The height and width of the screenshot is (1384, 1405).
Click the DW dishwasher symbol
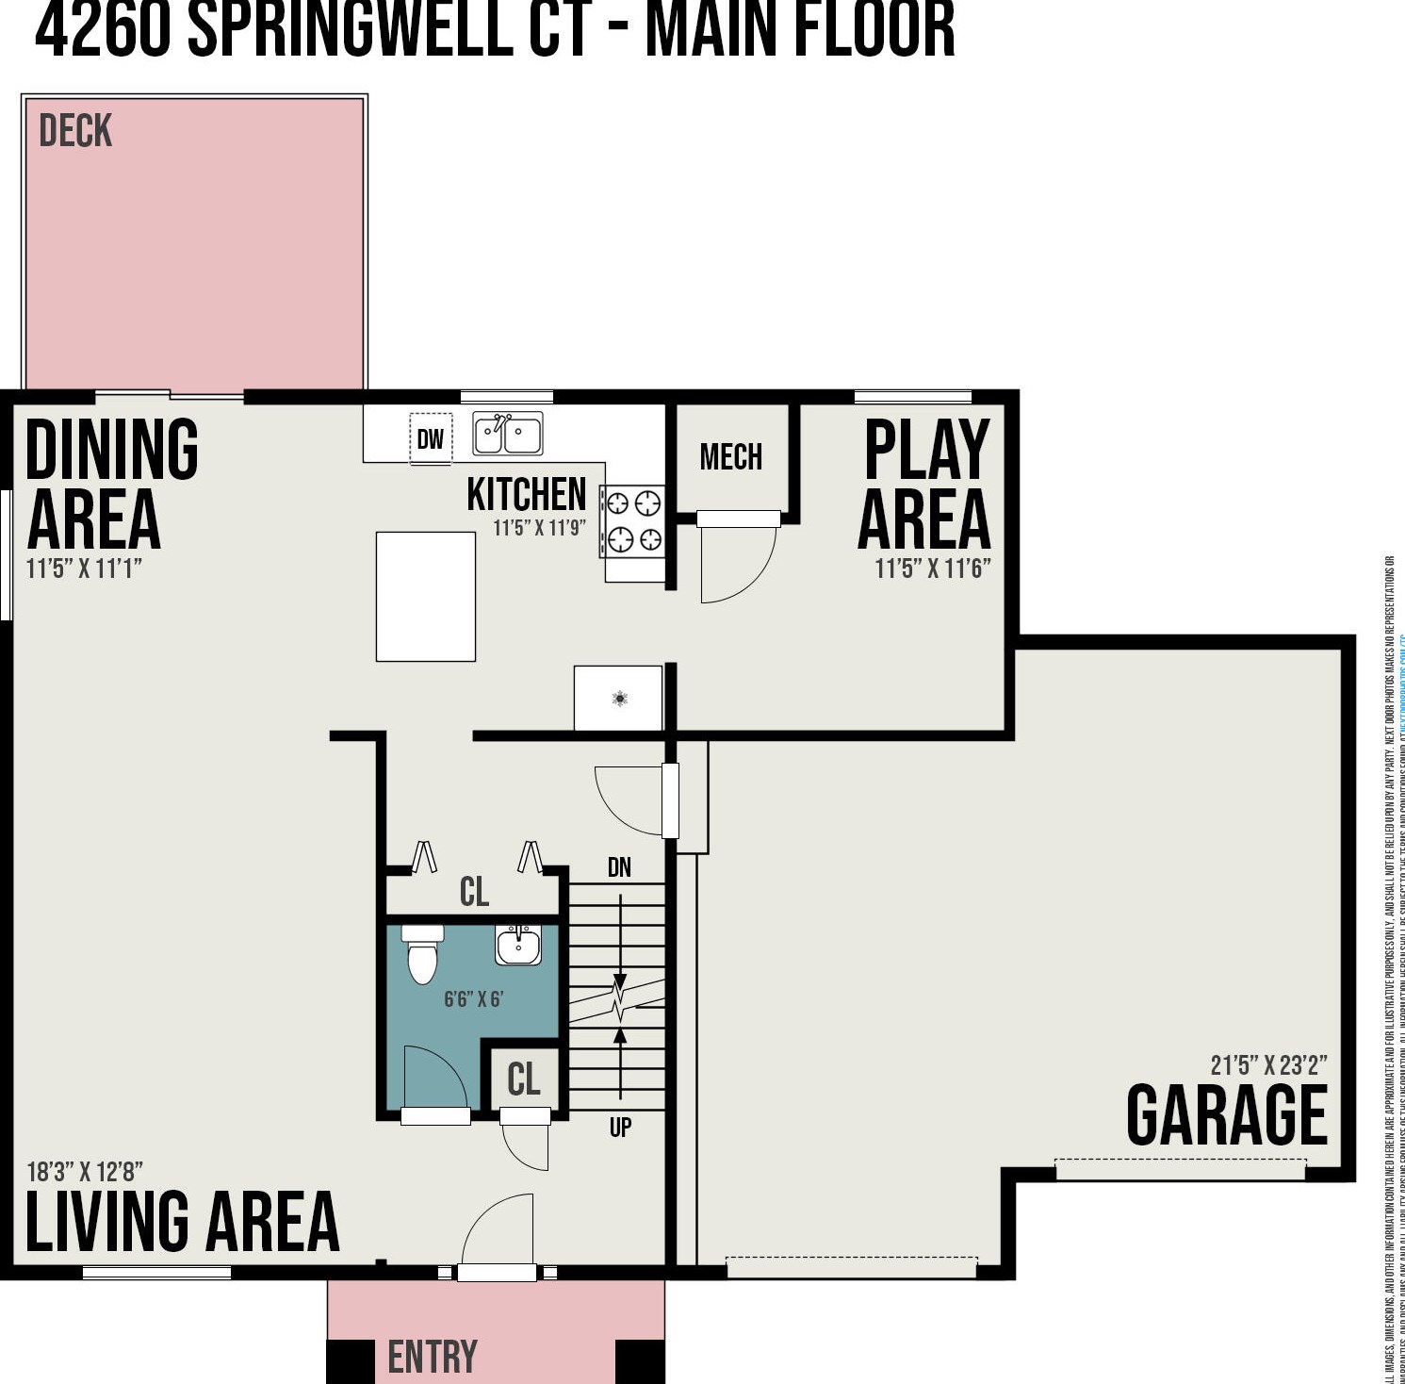tap(431, 438)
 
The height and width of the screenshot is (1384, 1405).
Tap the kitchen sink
tap(507, 435)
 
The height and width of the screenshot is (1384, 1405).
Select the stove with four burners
tap(633, 520)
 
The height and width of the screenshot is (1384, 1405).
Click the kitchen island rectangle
tap(426, 596)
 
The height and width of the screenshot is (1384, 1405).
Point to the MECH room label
tap(731, 457)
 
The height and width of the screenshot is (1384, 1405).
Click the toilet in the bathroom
tap(422, 955)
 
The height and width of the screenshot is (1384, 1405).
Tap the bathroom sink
tap(518, 945)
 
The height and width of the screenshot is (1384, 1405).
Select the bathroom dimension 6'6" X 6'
tap(474, 999)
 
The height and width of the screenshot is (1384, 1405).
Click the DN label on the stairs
tap(619, 867)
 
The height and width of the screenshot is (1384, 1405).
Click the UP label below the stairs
tap(620, 1127)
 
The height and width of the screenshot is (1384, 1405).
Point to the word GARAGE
tap(1227, 1115)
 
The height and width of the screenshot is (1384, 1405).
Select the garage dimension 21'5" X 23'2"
tap(1268, 1065)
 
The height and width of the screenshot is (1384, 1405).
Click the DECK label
tap(75, 131)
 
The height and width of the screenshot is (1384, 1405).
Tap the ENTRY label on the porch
tap(433, 1358)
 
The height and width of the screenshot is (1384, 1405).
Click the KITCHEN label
tap(526, 494)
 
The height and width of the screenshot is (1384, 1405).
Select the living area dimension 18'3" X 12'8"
tap(85, 1172)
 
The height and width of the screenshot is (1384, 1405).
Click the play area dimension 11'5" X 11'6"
tap(932, 568)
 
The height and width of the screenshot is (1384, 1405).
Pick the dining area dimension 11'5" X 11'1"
tap(84, 568)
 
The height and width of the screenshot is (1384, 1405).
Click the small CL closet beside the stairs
tap(524, 1079)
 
